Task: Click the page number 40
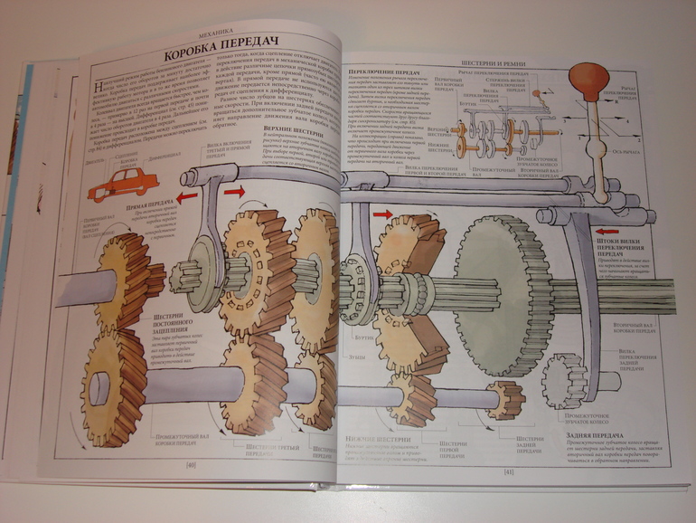191,465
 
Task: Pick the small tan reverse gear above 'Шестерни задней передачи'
503,398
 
